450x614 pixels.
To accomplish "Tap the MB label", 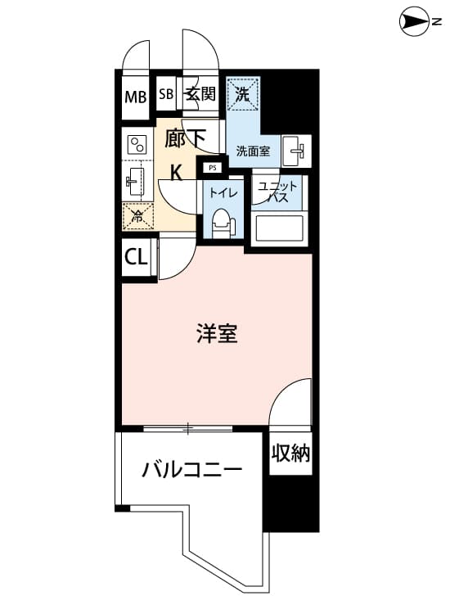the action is click(x=135, y=97).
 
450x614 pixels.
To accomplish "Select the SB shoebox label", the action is click(x=166, y=94).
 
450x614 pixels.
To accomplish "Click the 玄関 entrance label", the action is click(x=200, y=94).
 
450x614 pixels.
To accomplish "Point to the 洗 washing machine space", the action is click(x=243, y=94).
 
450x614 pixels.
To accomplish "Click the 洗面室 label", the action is click(x=253, y=151).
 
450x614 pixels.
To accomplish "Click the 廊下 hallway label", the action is click(x=185, y=138).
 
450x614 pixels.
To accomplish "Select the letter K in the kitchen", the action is click(x=177, y=172).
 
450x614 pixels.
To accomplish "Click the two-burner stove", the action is click(x=137, y=145).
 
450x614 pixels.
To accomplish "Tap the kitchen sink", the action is click(x=135, y=182).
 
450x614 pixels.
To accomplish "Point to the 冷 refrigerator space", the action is click(x=137, y=216).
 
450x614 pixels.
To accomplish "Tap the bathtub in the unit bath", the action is click(x=279, y=228).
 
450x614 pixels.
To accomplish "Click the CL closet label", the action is click(x=136, y=257).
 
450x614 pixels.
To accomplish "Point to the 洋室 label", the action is click(x=217, y=333).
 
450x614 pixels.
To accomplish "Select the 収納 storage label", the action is click(x=290, y=453).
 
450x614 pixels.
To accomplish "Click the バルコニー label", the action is click(x=192, y=470).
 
